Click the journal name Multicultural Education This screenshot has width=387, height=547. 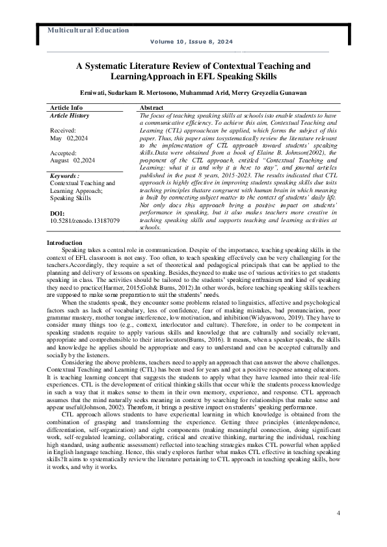[84, 31]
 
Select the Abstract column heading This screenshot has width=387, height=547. [152, 107]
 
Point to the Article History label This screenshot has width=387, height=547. [70, 115]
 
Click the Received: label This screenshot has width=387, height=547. [63, 130]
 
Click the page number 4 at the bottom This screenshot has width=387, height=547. [338, 513]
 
